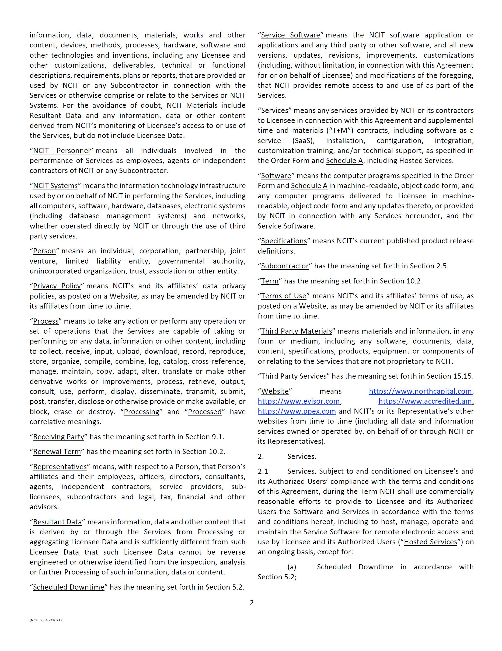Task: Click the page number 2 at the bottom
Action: click(252, 603)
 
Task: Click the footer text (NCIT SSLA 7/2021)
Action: click(46, 620)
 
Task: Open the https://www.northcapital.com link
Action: click(420, 391)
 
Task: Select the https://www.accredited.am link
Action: click(425, 401)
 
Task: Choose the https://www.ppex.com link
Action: click(297, 411)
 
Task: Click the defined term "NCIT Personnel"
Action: click(61, 151)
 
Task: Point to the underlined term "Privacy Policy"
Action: click(57, 286)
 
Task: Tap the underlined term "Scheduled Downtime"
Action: click(68, 587)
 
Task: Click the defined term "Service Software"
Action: click(291, 35)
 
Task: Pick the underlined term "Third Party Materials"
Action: click(297, 331)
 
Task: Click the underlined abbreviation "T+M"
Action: click(340, 131)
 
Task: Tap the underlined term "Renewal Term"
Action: click(57, 452)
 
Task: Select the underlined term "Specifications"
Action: click(284, 241)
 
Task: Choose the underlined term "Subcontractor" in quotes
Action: click(285, 266)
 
